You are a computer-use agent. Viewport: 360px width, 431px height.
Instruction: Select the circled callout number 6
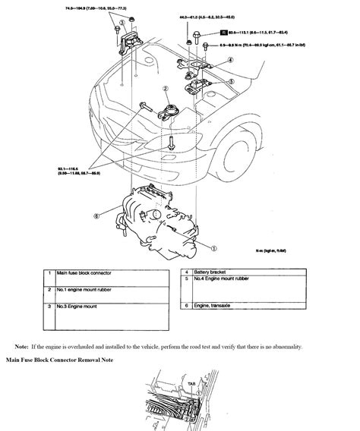tap(96, 215)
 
